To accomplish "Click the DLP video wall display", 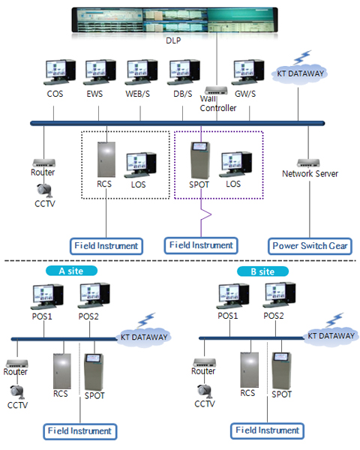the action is [x=175, y=19].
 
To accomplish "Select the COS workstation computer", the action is [x=60, y=72].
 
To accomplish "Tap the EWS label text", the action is [x=94, y=94].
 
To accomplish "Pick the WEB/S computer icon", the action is [x=141, y=72].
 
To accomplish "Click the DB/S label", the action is [x=182, y=94].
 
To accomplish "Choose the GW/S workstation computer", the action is [x=247, y=72].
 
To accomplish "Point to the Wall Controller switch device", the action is [x=216, y=91].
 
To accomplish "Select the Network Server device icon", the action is [x=308, y=163].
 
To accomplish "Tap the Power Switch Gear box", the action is [x=310, y=246].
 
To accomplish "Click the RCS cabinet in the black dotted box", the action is [x=106, y=160].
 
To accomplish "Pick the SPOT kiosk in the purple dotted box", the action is [x=200, y=160].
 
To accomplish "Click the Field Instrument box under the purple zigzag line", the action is [x=201, y=245].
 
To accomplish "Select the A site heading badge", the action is [x=71, y=271].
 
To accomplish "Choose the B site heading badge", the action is [x=262, y=271].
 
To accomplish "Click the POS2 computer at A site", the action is [x=94, y=295].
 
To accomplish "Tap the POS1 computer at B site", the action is [x=232, y=295].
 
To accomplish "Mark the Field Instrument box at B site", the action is [x=267, y=430].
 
